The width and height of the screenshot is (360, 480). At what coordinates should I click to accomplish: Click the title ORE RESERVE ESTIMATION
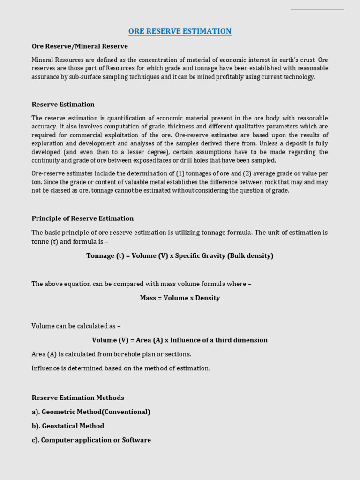(180, 31)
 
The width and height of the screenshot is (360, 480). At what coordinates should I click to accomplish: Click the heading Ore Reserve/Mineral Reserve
(80, 46)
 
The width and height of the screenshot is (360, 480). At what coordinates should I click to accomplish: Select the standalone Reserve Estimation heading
(63, 104)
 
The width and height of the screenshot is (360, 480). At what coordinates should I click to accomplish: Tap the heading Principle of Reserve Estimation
(82, 218)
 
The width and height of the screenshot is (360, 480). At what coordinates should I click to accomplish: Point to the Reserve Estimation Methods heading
(78, 397)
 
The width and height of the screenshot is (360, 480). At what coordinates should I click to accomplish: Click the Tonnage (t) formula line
(180, 255)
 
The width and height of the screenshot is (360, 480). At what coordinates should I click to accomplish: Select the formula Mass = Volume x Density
(180, 298)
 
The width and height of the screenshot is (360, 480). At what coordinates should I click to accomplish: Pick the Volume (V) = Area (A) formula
(180, 340)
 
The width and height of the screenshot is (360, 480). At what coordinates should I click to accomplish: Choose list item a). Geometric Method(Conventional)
(91, 412)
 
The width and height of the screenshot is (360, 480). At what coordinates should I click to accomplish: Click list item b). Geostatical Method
(68, 426)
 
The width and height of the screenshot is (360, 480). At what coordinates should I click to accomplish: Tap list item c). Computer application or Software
(91, 440)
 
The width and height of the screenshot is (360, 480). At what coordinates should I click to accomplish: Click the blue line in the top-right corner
(317, 9)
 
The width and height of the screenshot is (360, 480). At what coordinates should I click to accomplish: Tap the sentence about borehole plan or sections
(112, 354)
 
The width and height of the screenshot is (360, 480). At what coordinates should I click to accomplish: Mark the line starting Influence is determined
(121, 368)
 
